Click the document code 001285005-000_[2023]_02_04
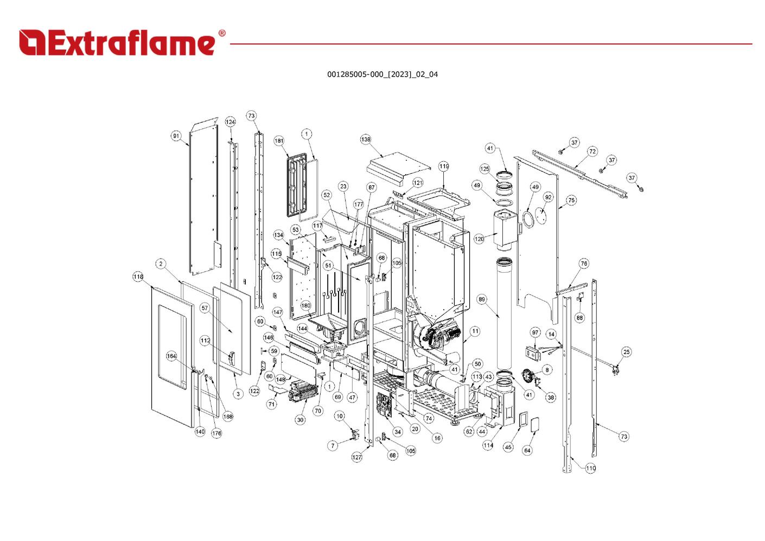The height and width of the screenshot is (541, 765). pos(382,74)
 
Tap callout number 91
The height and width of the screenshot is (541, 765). pos(176,136)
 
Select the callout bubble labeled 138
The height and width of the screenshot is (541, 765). pos(366,140)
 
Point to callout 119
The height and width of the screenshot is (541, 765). pos(444,166)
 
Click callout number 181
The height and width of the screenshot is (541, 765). pos(279,141)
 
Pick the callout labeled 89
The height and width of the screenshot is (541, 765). pos(482,299)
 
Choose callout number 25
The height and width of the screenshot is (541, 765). pos(627,352)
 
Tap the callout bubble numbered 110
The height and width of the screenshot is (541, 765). pos(590,468)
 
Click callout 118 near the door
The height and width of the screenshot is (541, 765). pos(138,277)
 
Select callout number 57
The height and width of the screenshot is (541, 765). pos(205,308)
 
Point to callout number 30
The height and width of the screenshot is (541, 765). pos(300,420)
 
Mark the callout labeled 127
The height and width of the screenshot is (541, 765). pos(356,457)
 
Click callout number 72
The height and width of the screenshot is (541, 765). pos(592,152)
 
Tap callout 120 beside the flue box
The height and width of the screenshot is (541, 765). pos(479,239)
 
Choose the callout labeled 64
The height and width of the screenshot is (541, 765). pos(527,450)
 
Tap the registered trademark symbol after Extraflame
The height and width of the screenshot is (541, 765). pos(221,34)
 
